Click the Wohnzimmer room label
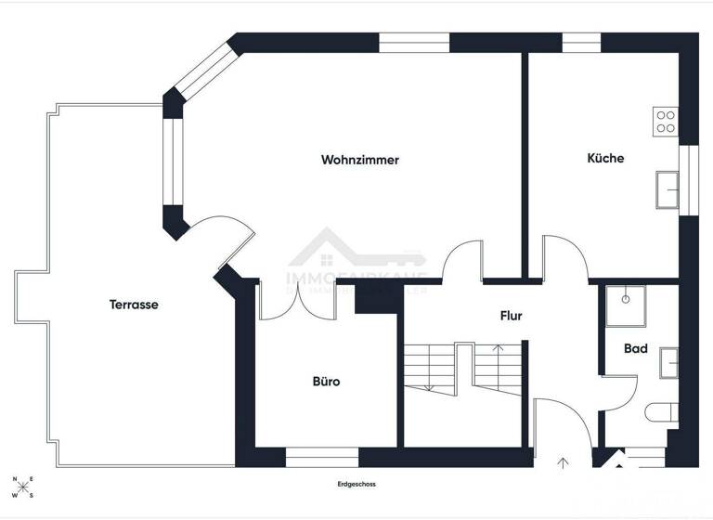coord(360,160)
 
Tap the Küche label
coord(605,158)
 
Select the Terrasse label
coord(134,304)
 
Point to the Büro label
coord(325,381)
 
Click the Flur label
coord(511,316)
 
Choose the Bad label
coord(636,349)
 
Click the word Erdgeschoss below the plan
coord(356,484)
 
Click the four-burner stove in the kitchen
coord(665,122)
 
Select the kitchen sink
coord(667,189)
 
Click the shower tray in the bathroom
coord(626,305)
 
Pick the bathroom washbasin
coord(668,362)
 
